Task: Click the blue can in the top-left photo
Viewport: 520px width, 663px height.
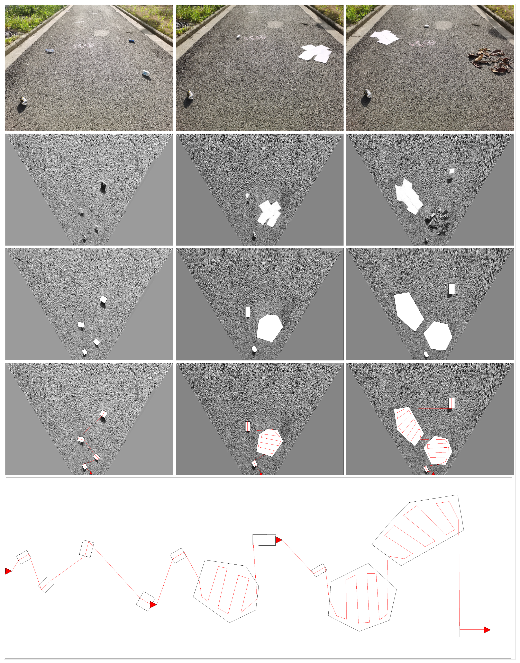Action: pyautogui.click(x=131, y=41)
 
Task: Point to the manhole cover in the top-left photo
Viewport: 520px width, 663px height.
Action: pyautogui.click(x=101, y=33)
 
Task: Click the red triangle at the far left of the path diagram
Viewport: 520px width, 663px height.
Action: pyautogui.click(x=8, y=571)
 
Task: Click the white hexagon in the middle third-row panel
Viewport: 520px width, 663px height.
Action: pyautogui.click(x=269, y=328)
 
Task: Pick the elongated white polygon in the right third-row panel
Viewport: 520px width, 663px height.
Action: pyautogui.click(x=408, y=311)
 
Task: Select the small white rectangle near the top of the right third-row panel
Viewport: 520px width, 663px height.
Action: pyautogui.click(x=451, y=288)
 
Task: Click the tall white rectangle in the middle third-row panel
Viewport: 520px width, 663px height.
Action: pyautogui.click(x=247, y=312)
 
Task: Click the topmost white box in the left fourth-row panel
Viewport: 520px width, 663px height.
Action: pyautogui.click(x=103, y=414)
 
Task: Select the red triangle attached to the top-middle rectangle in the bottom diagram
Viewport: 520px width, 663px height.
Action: pyautogui.click(x=278, y=540)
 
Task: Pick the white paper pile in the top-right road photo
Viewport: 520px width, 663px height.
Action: pyautogui.click(x=384, y=37)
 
